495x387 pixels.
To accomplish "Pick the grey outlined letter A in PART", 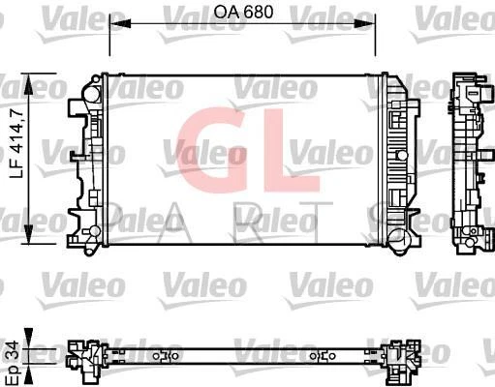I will pos(174,222).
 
